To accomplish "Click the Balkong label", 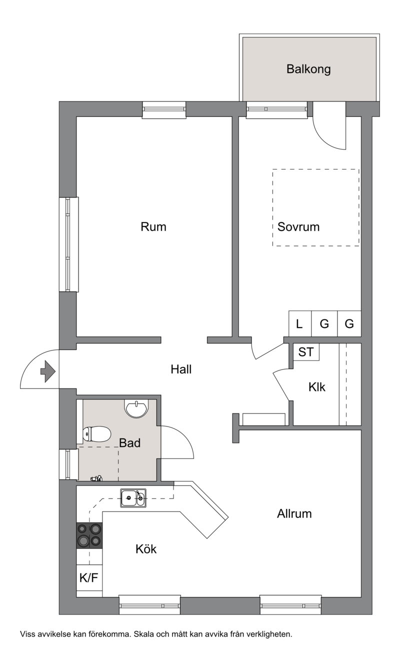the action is tap(308, 69).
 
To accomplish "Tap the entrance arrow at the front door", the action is tap(48, 371).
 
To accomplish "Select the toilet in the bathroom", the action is tap(96, 434).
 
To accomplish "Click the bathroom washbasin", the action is tap(136, 409).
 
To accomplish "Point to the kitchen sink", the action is tap(133, 498).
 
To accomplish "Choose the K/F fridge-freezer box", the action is tap(89, 577).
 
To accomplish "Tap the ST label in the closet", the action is tap(306, 352).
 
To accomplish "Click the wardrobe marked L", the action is tap(300, 323).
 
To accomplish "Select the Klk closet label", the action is tap(317, 387).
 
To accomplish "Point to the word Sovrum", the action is tap(298, 227).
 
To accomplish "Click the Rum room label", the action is tap(153, 227).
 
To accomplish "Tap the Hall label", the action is tap(181, 369).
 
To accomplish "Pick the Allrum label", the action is tap(294, 513).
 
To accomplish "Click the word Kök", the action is tap(146, 548).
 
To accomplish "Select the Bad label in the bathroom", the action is tap(129, 443).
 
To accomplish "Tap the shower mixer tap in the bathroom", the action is tap(96, 478).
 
